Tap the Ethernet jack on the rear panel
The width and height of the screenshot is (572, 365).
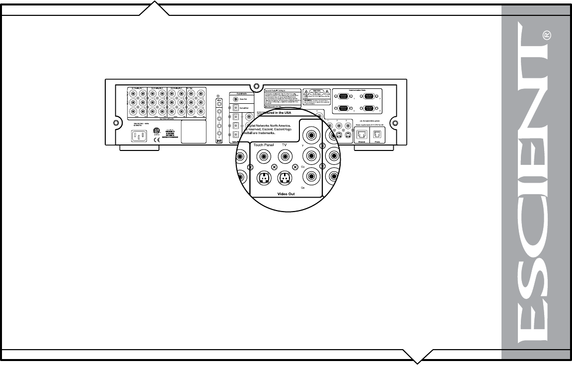coord(362,134)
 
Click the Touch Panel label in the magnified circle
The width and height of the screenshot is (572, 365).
coord(264,146)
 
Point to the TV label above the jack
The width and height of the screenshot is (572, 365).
coord(285,146)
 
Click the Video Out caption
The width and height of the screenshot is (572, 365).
coord(285,194)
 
